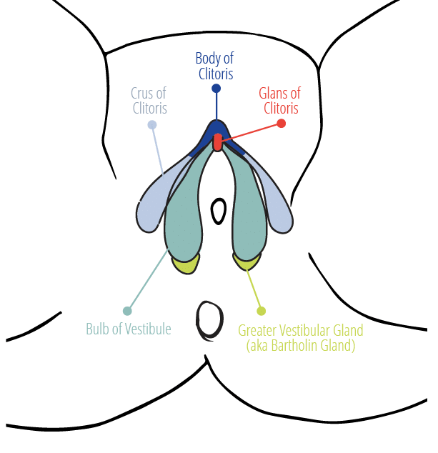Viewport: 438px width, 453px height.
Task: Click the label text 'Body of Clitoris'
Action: (x=215, y=66)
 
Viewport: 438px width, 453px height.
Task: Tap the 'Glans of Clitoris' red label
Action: (x=280, y=101)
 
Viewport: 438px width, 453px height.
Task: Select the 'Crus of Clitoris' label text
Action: (x=149, y=101)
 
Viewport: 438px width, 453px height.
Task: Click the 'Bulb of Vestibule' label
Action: (x=129, y=329)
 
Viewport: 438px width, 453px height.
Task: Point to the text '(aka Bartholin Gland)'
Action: (x=301, y=346)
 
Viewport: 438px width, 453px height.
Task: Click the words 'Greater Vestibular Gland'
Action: (x=301, y=330)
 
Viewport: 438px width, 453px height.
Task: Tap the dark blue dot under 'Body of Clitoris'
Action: (x=216, y=89)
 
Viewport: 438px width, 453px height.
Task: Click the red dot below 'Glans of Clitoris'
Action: (x=281, y=124)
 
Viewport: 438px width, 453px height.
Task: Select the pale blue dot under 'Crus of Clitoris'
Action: (x=152, y=125)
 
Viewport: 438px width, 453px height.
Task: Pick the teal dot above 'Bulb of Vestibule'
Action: (x=127, y=311)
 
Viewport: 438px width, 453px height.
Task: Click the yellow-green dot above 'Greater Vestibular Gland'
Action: (x=262, y=311)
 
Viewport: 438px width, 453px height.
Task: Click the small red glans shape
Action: (x=218, y=142)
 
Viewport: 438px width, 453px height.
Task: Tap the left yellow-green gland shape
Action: (x=186, y=264)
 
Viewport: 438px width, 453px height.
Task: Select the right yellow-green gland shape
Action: (x=246, y=262)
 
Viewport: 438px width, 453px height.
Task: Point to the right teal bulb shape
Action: (x=248, y=214)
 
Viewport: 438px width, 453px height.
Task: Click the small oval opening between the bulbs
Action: (x=219, y=211)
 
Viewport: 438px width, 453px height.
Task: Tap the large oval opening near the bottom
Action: (x=210, y=321)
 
